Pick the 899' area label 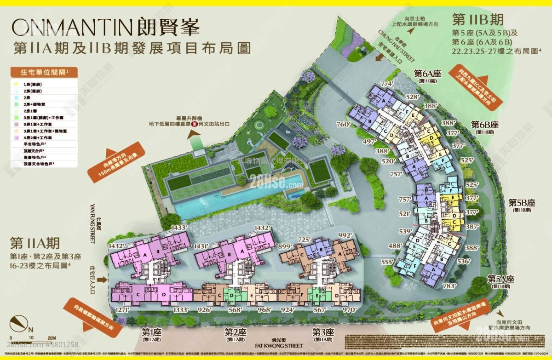point(285,247)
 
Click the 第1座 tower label point(150,331)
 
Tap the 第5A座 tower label point(500,279)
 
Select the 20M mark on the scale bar point(52,338)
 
